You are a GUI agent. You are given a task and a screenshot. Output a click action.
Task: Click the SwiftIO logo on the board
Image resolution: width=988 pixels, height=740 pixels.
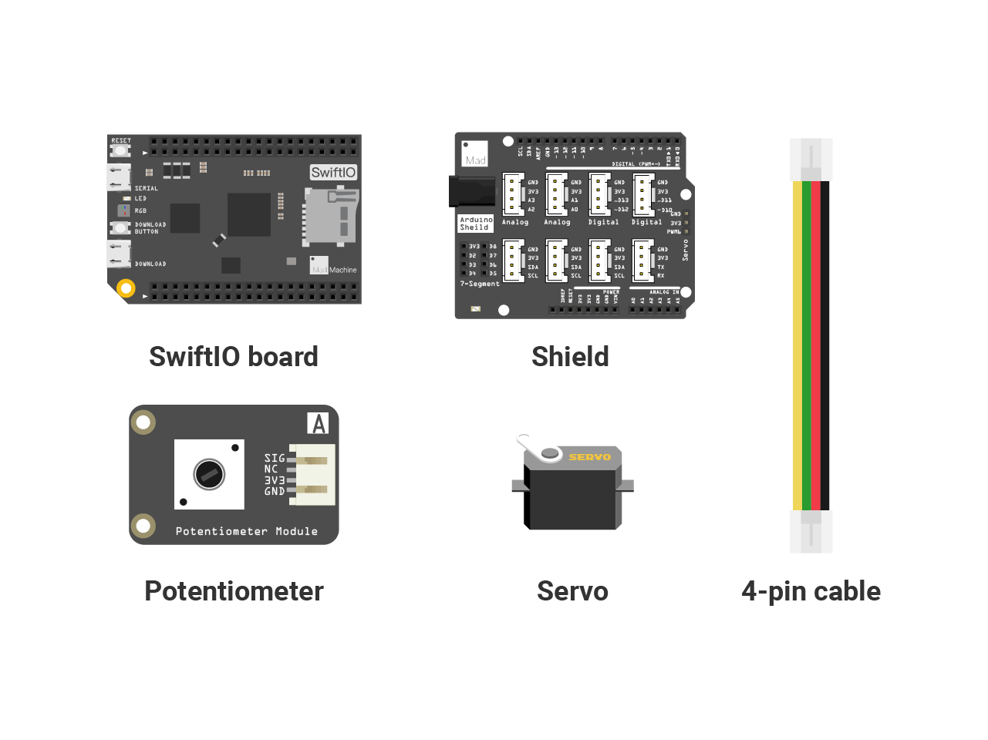pos(333,173)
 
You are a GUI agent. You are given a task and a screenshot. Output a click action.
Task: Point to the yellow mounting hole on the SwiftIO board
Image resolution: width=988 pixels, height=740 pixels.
pos(126,288)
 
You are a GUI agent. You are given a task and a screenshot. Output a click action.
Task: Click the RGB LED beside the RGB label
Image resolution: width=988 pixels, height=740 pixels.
pos(123,210)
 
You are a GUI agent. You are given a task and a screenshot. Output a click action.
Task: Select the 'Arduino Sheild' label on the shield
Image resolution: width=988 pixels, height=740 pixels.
pos(475,224)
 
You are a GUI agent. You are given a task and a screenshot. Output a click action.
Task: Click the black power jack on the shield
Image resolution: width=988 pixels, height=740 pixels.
pos(471,191)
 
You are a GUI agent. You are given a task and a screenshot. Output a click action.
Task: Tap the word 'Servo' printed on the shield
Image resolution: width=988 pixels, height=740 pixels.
pos(685,250)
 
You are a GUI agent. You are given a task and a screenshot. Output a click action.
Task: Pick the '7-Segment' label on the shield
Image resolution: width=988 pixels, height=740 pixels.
pos(480,284)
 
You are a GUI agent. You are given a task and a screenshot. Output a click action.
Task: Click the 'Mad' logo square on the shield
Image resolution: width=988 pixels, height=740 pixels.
pos(475,153)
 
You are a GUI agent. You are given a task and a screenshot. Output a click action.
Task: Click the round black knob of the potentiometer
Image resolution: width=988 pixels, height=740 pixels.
pos(209,474)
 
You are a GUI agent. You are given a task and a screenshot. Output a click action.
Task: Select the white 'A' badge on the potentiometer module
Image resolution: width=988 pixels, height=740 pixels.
pos(318,423)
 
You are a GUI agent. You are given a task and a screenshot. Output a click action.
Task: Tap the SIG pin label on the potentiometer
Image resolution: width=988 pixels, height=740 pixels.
pos(275,458)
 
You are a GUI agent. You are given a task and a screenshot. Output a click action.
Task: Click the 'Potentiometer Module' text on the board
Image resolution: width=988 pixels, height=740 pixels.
pos(246,531)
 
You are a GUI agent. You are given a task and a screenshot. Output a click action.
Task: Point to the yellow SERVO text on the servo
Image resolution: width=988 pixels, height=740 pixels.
pos(590,457)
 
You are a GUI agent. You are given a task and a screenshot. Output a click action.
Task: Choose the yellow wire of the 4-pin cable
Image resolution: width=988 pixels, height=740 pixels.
pos(797,347)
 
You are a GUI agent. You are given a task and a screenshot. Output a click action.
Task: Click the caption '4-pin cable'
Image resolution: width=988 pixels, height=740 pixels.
pos(811,591)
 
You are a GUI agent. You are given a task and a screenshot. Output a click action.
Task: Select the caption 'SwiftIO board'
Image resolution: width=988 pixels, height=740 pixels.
pos(234,357)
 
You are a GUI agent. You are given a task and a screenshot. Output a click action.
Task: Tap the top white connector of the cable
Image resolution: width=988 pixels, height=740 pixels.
pos(811,160)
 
